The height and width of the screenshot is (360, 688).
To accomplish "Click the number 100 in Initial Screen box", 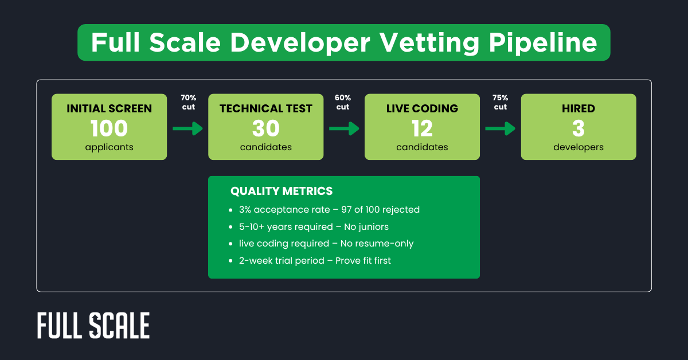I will point(109,128).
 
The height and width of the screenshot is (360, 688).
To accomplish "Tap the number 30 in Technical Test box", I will point(265,128).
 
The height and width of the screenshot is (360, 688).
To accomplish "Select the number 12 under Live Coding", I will point(422,128).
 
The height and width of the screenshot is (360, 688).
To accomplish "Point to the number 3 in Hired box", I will point(578,128).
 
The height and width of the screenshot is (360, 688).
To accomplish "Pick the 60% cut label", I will point(343,103).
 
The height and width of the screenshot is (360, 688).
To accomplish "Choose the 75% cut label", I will point(500,103).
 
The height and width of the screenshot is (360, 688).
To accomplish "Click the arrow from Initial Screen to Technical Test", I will point(187,128).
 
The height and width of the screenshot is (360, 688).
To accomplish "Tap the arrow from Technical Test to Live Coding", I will point(344,128).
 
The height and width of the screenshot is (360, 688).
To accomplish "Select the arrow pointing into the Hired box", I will point(500,128).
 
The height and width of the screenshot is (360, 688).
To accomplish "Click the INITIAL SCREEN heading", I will point(109,109).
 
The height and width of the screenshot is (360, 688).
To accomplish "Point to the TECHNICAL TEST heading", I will point(265,109).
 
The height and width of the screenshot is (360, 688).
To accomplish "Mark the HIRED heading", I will point(578,109).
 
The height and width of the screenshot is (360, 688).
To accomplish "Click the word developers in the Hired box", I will point(578,147).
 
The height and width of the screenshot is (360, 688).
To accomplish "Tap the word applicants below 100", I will point(109,147).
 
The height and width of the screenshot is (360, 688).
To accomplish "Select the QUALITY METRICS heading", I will point(281,191).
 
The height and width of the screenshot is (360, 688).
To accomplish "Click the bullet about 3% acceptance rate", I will point(329,210).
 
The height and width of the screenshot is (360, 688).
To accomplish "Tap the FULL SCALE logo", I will point(93,326).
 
